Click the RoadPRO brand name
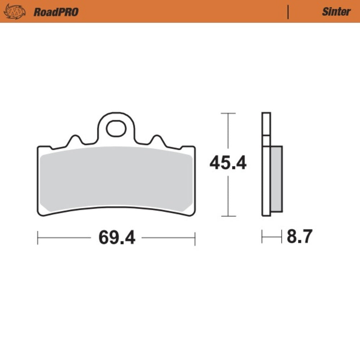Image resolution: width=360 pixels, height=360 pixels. tap(56, 12)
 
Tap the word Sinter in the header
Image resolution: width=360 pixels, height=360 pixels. tap(336, 12)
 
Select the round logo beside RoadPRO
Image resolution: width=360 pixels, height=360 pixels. tap(15, 12)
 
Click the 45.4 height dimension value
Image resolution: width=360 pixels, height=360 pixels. tap(228, 163)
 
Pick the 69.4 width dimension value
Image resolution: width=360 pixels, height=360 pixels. tap(117, 238)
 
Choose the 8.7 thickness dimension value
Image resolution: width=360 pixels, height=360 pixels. tap(300, 237)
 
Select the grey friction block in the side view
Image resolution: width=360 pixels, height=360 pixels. tap(276, 179)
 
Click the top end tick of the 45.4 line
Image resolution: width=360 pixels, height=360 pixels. tap(228, 113)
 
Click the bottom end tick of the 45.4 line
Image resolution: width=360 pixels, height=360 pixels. tap(228, 216)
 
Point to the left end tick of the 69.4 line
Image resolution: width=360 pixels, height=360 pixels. tap(38, 238)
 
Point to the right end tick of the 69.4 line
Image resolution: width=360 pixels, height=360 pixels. tap(195, 238)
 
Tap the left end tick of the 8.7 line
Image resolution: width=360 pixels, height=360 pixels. tap(262, 238)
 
